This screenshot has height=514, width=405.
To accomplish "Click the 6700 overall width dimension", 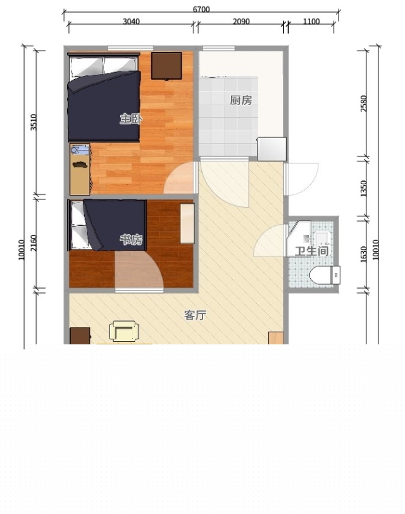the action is click(201, 9).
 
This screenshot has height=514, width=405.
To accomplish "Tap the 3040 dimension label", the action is click(131, 22).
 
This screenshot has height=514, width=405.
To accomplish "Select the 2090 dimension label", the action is click(241, 22).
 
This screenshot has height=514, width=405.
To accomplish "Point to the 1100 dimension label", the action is click(311, 22).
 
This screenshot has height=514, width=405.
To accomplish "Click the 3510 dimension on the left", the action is click(34, 122).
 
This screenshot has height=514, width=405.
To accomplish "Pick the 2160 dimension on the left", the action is click(34, 243).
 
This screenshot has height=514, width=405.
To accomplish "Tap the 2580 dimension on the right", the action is click(364, 103).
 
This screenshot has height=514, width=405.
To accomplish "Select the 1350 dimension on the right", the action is click(364, 189).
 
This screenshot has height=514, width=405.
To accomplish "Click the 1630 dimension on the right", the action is click(364, 254).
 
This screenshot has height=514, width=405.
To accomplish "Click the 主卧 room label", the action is click(131, 118).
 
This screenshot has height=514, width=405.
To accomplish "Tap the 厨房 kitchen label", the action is click(241, 100).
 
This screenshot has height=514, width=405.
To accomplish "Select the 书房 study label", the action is click(131, 240).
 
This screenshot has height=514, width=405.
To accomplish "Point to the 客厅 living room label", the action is click(196, 315).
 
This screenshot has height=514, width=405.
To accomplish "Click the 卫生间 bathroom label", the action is click(311, 251).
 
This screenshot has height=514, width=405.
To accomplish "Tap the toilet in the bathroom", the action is click(325, 275).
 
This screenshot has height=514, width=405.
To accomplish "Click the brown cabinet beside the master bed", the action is click(166, 66).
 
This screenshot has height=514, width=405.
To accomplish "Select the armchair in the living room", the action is click(124, 331).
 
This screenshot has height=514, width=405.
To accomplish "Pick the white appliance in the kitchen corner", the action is click(271, 149).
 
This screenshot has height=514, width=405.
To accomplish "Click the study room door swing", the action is click(139, 270).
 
